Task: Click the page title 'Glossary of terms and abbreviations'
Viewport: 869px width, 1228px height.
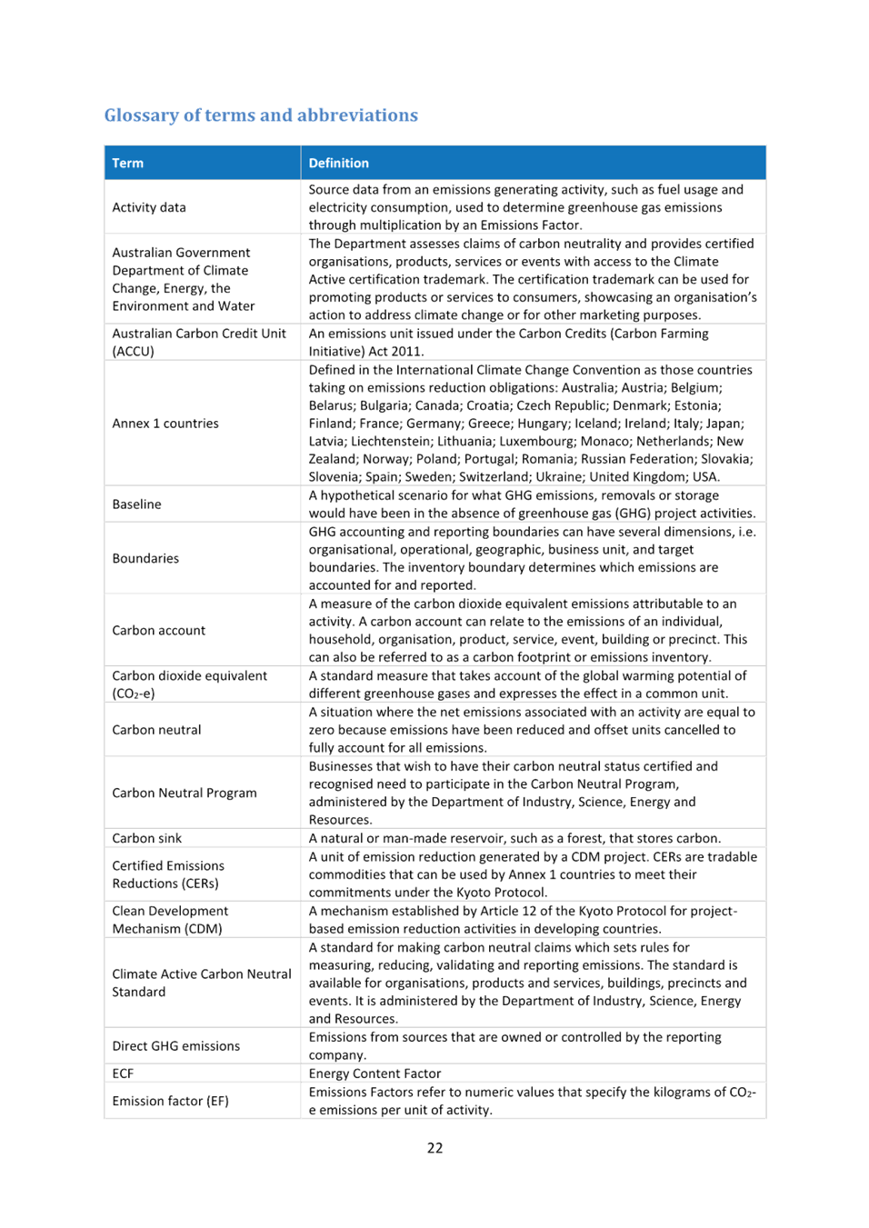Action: click(261, 115)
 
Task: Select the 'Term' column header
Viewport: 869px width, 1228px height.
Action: click(127, 164)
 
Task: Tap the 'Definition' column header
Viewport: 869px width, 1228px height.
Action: click(338, 164)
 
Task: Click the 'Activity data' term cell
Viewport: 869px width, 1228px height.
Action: click(149, 207)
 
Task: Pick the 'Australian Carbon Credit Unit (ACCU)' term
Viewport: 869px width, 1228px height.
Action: click(199, 343)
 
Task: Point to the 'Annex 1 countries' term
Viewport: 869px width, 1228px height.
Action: click(165, 424)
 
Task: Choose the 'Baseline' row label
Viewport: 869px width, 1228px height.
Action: click(136, 504)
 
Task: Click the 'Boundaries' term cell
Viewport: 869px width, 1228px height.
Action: click(145, 558)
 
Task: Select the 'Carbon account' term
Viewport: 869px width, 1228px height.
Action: click(159, 631)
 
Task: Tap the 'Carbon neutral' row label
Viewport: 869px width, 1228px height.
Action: click(156, 730)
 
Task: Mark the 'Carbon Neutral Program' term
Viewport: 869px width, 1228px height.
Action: click(185, 794)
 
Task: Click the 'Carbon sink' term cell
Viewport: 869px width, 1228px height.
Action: click(146, 838)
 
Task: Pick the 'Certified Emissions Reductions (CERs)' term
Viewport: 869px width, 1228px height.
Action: click(168, 874)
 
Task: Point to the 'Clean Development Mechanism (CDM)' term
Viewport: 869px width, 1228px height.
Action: click(170, 920)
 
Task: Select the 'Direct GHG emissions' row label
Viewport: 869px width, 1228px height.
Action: click(175, 1046)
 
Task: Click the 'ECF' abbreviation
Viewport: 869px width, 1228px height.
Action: click(123, 1073)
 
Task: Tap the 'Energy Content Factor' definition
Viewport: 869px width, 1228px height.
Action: click(375, 1073)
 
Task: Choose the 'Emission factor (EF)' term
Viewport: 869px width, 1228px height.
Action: click(170, 1101)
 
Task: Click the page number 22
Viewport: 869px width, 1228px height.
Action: click(434, 1148)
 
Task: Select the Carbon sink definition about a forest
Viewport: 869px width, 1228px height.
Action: click(514, 838)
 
